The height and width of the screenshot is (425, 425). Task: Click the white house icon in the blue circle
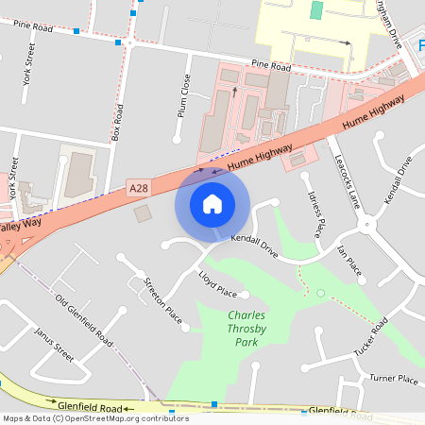[x=212, y=204]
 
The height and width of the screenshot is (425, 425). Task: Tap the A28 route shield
[x=139, y=189]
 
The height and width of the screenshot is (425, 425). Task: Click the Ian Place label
[x=349, y=261]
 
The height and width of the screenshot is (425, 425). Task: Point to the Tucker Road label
[x=372, y=337]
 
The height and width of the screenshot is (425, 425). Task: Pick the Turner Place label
[x=393, y=379]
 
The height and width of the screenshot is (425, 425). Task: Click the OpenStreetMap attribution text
[x=95, y=418]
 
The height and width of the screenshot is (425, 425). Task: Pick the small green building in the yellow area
[x=316, y=10]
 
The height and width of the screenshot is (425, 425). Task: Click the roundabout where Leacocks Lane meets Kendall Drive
[x=365, y=224]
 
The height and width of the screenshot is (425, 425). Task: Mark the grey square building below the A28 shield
[x=143, y=214]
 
